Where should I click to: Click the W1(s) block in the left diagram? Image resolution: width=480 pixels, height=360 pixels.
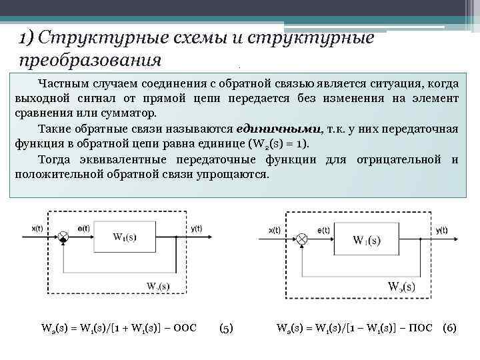click(x=127, y=237)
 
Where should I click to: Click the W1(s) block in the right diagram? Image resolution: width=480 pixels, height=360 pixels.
click(x=367, y=240)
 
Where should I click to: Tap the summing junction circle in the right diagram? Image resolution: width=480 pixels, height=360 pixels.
click(x=302, y=238)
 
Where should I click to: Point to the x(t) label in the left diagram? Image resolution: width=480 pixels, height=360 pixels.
click(x=39, y=229)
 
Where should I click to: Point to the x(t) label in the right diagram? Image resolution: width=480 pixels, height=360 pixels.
click(x=274, y=230)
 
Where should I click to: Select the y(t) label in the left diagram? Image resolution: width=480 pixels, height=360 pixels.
click(x=196, y=229)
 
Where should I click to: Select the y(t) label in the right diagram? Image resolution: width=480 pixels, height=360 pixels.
click(x=441, y=230)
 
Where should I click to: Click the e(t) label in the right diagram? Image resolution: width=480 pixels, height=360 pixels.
click(x=323, y=230)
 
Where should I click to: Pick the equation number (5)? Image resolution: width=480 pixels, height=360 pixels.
click(x=226, y=328)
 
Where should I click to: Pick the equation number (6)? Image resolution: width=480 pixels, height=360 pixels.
click(x=449, y=328)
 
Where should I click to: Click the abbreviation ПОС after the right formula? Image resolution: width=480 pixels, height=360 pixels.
click(x=420, y=328)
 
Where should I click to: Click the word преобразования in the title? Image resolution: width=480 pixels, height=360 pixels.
click(x=90, y=59)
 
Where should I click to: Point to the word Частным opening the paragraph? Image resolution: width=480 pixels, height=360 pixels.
click(x=60, y=84)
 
